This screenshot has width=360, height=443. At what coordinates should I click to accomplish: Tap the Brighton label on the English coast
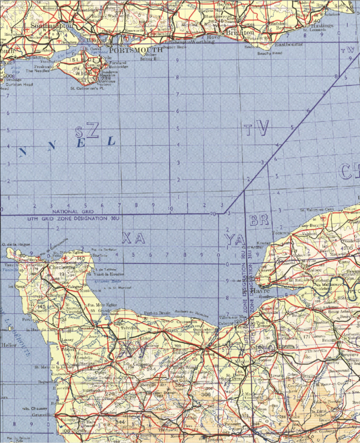239,33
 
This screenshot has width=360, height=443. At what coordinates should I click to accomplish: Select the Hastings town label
323,27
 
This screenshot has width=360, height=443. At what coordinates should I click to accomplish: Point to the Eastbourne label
288,44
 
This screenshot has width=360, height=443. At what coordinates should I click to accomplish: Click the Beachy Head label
270,54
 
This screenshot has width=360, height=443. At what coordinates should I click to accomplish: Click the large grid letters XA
133,238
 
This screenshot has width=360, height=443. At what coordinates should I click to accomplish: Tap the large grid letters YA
234,239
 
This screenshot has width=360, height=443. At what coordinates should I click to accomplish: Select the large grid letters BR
259,221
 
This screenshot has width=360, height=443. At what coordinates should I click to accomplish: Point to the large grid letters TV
257,128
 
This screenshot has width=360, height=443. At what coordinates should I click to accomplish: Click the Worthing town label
202,43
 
